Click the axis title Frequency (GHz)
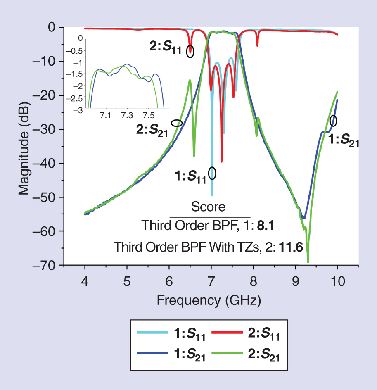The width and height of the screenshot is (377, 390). click(209, 300)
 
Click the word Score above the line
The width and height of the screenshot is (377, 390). click(208, 206)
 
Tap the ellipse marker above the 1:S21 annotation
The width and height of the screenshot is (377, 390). click(333, 121)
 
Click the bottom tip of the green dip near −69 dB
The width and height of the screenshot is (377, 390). click(308, 262)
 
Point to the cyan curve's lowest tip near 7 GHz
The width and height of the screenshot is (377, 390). click(212, 195)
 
